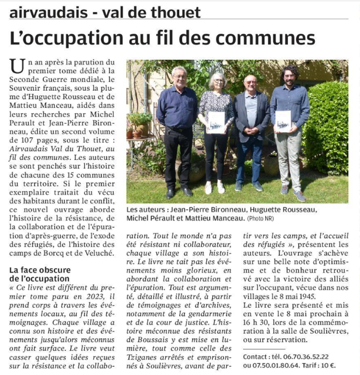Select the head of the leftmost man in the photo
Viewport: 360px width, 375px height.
[179, 76]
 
